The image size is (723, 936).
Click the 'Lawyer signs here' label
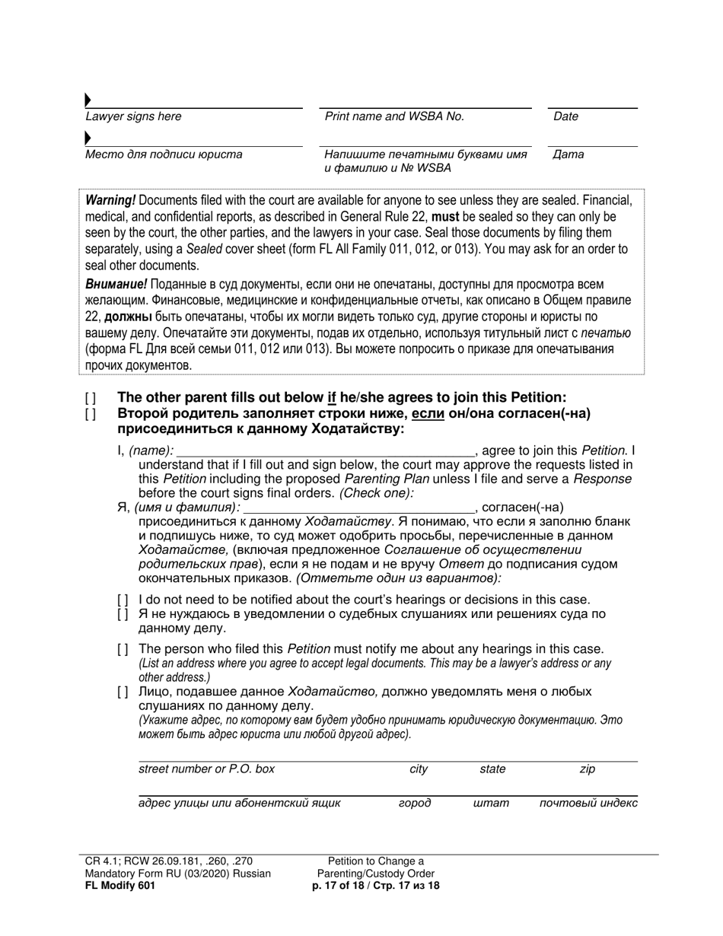(x=133, y=117)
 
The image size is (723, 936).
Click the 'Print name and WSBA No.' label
(x=394, y=116)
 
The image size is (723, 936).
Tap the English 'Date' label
(x=565, y=116)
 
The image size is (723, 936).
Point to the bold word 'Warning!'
(x=110, y=200)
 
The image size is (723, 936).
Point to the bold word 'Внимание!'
(x=116, y=285)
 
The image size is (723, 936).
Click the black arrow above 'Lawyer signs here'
(x=88, y=100)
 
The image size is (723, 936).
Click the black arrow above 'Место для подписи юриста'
(x=88, y=138)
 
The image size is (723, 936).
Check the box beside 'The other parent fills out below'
(x=91, y=397)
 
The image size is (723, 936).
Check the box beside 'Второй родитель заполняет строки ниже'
(x=91, y=414)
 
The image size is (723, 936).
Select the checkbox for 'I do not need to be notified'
(x=123, y=600)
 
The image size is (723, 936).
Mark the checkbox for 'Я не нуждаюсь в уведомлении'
(x=123, y=615)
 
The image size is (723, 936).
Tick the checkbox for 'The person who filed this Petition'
(x=123, y=649)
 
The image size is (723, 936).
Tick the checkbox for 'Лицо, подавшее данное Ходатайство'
(x=123, y=692)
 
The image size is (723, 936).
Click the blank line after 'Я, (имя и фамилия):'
(x=358, y=508)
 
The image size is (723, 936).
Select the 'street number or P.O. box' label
(x=206, y=769)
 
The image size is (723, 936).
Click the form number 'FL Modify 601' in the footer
(x=121, y=886)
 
